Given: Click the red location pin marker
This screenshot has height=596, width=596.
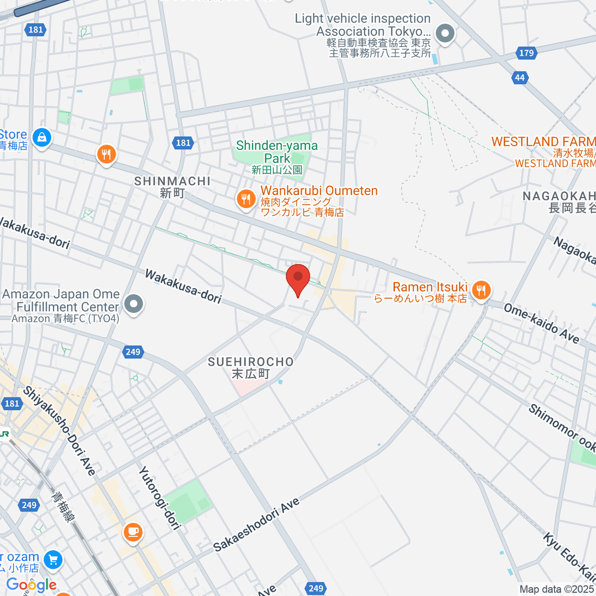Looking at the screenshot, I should [298, 277].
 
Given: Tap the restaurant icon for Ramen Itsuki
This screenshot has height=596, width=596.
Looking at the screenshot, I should [480, 290].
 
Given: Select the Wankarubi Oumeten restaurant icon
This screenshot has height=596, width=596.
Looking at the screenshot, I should [245, 199].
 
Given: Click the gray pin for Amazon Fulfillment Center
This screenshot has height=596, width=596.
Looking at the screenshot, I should [133, 304].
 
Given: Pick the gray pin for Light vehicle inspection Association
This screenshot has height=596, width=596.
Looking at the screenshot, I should [445, 34].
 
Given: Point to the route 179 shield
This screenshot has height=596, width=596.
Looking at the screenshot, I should [526, 53].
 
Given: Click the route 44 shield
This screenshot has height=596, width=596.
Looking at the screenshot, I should [520, 77].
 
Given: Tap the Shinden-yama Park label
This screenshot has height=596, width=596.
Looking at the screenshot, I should [277, 152].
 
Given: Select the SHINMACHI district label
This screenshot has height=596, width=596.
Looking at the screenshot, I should [172, 182].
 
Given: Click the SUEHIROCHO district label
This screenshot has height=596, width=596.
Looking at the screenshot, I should [251, 363].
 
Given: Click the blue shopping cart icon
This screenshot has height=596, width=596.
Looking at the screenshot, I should [53, 560].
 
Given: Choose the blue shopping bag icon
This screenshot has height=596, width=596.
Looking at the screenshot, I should [42, 137].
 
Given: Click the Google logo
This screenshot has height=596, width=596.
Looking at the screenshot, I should [31, 585].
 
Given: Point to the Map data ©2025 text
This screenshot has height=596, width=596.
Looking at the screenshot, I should [557, 590].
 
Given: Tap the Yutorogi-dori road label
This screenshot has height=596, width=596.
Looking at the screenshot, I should [159, 497].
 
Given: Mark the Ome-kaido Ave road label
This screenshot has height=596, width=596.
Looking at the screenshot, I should [541, 323].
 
